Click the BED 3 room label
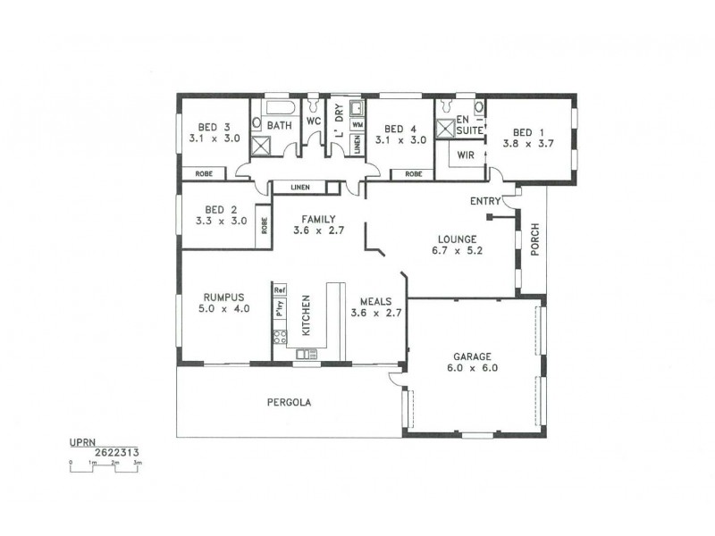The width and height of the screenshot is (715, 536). (x=207, y=126)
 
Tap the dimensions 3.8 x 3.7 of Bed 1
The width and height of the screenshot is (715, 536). (x=522, y=142)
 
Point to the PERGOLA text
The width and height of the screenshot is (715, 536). (x=289, y=402)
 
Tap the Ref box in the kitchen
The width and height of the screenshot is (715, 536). (x=279, y=290)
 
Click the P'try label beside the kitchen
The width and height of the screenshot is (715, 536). (x=279, y=311)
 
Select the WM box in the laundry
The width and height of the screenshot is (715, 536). (x=356, y=125)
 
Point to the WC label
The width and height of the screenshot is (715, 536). (x=313, y=121)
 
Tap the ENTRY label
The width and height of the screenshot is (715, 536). (x=484, y=201)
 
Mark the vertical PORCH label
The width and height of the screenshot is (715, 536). (x=534, y=239)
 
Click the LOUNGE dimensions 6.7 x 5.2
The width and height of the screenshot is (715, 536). (x=456, y=251)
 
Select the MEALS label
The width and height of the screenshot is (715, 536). (x=374, y=301)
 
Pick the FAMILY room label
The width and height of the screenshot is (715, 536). (x=318, y=218)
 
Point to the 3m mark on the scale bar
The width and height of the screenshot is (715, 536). (x=138, y=463)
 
